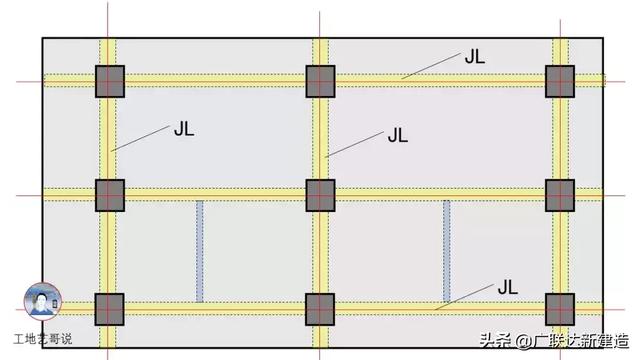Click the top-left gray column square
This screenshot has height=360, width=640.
pyautogui.click(x=110, y=81)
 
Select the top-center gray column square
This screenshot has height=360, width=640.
pyautogui.click(x=320, y=81)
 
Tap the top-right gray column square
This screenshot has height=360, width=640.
pyautogui.click(x=560, y=81)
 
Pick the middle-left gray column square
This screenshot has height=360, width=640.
pyautogui.click(x=110, y=195)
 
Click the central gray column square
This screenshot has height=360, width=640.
pyautogui.click(x=320, y=195)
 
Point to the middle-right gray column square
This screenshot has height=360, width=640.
pyautogui.click(x=560, y=195)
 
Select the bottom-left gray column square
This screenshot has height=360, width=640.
pyautogui.click(x=109, y=309)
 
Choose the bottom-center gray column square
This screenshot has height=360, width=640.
pyautogui.click(x=320, y=309)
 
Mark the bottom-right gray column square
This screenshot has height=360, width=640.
pyautogui.click(x=560, y=309)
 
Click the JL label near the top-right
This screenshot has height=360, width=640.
pyautogui.click(x=475, y=57)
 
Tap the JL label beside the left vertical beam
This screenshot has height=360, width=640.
pyautogui.click(x=184, y=129)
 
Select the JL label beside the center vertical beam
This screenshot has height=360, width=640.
pyautogui.click(x=398, y=135)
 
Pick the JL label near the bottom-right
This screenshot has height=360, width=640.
pyautogui.click(x=508, y=288)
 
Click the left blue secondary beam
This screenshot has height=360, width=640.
pyautogui.click(x=200, y=251)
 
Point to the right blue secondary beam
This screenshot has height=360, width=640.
pyautogui.click(x=447, y=251)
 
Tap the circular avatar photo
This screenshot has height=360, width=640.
pyautogui.click(x=43, y=301)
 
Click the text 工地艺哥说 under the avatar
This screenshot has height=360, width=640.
pyautogui.click(x=43, y=339)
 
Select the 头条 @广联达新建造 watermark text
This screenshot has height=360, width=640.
pyautogui.click(x=554, y=341)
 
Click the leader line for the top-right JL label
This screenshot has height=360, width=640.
pyautogui.click(x=431, y=66)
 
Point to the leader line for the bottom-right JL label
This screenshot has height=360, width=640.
pyautogui.click(x=464, y=297)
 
